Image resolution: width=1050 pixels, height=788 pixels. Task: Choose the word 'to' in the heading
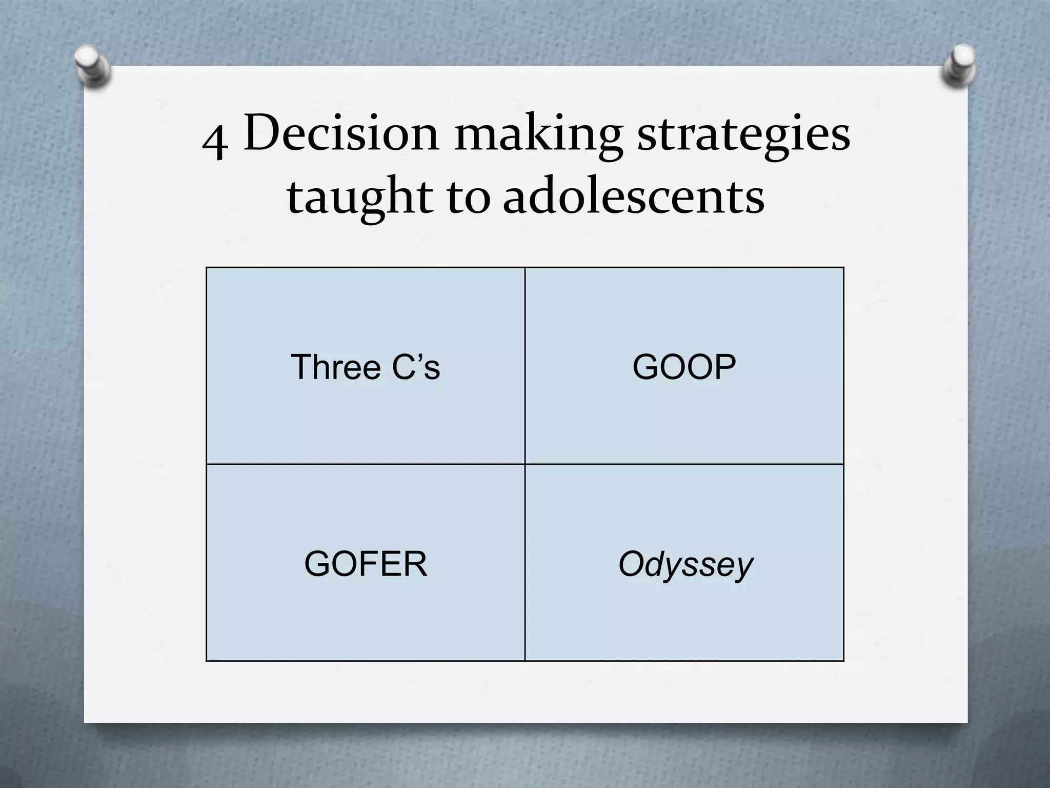(469, 198)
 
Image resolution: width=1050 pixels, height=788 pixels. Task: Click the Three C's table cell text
(365, 367)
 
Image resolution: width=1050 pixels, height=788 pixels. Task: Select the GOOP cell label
(684, 367)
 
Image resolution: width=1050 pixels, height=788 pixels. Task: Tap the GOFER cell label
(365, 564)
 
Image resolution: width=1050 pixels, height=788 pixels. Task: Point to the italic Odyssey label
(685, 565)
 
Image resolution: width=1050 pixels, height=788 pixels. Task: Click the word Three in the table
(335, 367)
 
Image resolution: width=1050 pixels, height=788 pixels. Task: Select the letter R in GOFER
(415, 564)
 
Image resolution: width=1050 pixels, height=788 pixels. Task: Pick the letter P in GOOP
(725, 367)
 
